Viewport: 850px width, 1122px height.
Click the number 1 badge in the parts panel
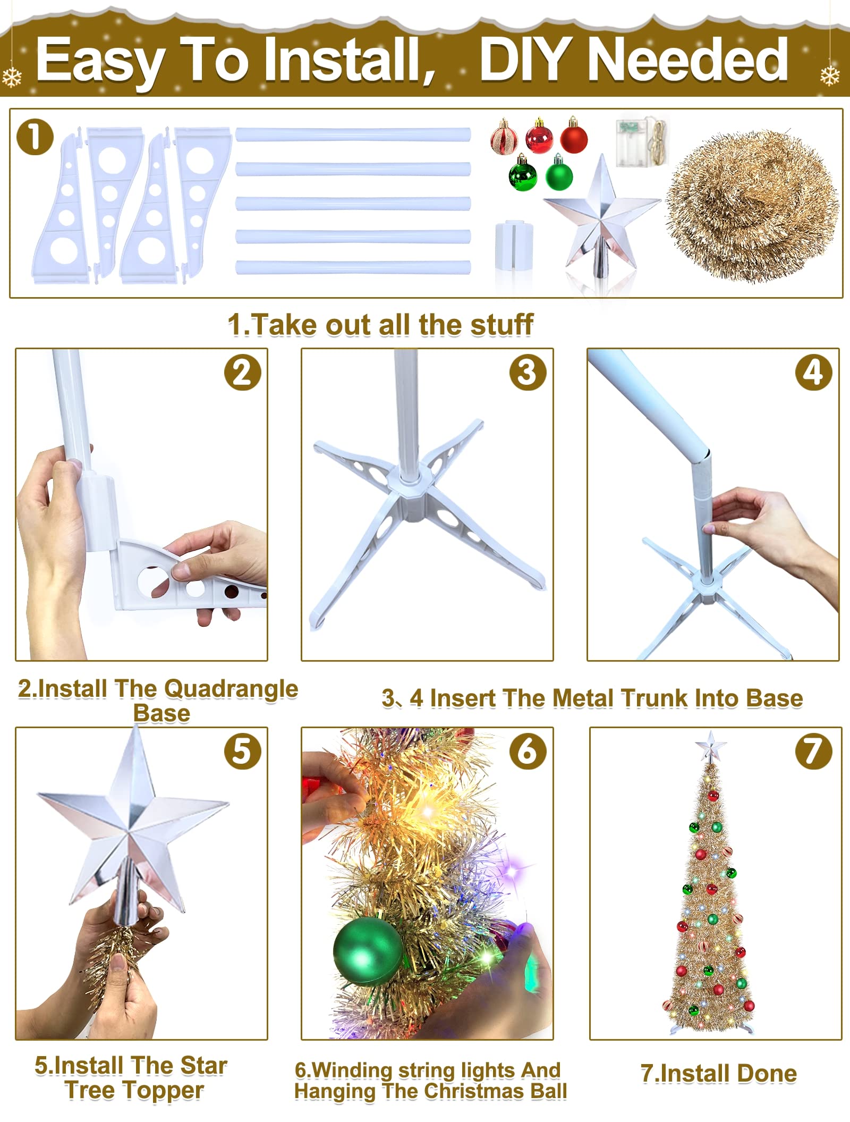tap(35, 137)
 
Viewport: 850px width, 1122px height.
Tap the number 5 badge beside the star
tap(242, 751)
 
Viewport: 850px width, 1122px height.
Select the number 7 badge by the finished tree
tap(813, 751)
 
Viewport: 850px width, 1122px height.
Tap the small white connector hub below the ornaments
tap(513, 246)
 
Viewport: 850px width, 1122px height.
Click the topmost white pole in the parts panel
tap(353, 134)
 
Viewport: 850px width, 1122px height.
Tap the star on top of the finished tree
tap(711, 746)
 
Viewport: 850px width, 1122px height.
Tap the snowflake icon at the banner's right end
tap(829, 76)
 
